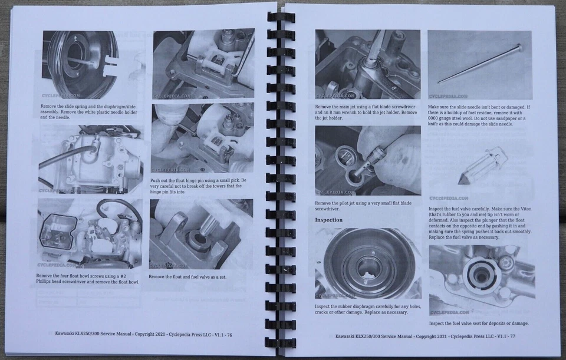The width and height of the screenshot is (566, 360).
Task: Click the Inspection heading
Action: (328, 220)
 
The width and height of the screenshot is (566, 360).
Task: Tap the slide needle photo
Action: (479, 65)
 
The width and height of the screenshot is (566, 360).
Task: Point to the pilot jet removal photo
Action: (367, 160)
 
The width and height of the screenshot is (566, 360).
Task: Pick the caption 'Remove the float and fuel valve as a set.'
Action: (187, 276)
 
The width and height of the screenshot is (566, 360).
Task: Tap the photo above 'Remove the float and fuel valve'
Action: (202, 233)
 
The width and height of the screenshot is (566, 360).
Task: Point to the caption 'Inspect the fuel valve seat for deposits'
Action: (478, 323)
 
